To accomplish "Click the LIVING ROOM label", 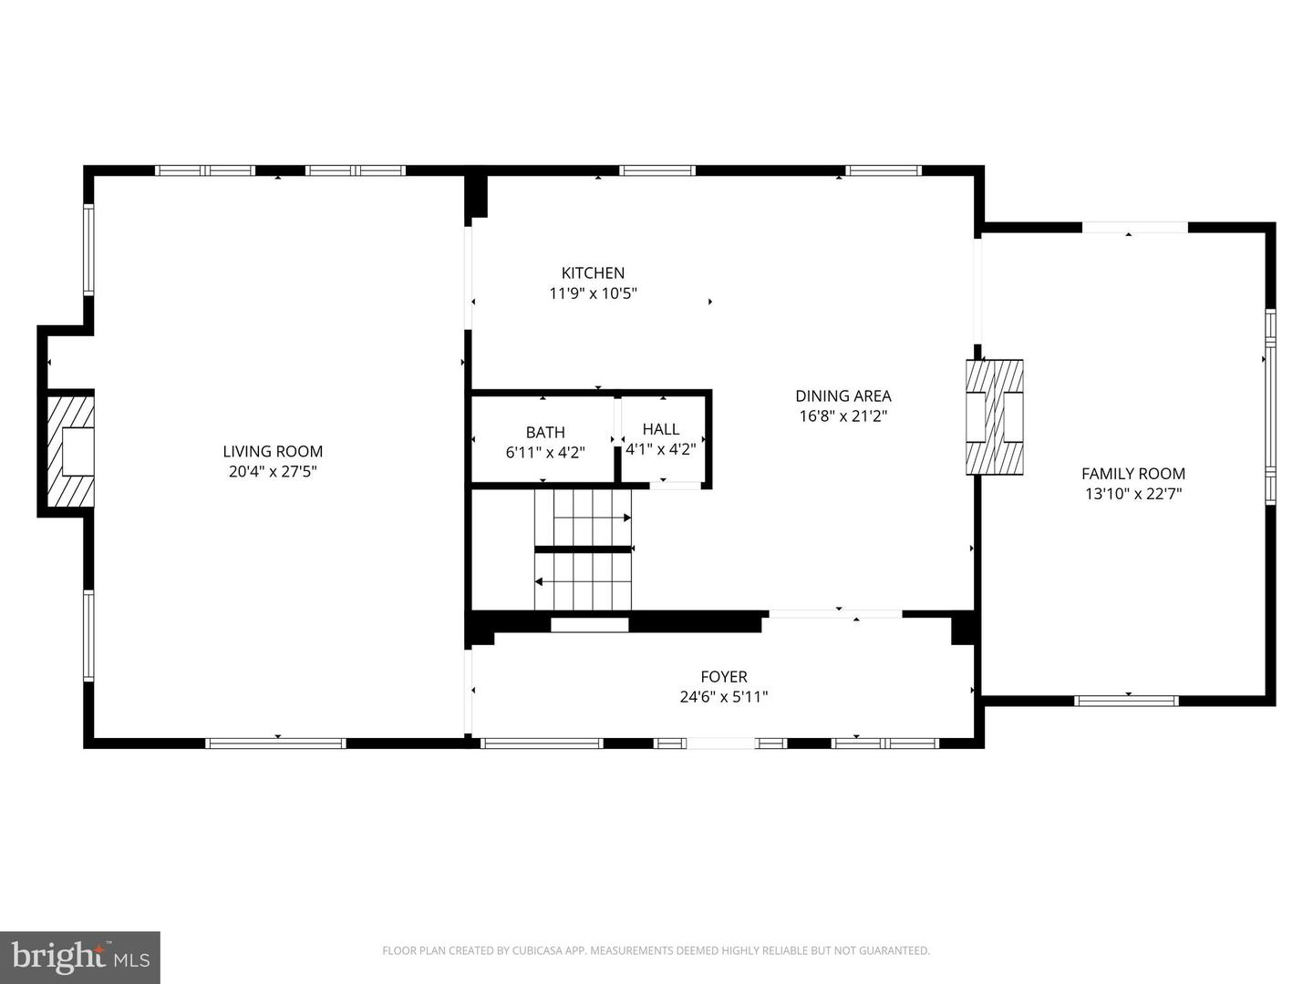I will coord(273,451).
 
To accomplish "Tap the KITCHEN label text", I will coord(593,272).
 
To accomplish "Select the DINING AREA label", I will coord(843,395).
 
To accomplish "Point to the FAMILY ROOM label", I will coord(1132,473).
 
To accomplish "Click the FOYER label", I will coord(724,676).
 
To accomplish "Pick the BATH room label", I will coord(545,432).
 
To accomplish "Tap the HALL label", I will coord(661,428).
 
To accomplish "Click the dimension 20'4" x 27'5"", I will coord(273,472).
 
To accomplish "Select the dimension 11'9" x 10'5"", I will coord(593,293).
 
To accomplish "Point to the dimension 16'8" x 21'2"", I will coord(843,416).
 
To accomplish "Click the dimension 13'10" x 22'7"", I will coord(1132,494).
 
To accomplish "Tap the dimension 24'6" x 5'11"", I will coord(724,697).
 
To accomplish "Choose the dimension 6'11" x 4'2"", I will coord(545,452).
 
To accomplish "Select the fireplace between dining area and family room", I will coord(994,416).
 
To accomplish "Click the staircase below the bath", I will coord(584,548).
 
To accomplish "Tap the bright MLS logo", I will coord(79,957).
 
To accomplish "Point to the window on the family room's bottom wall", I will coord(1126,701).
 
